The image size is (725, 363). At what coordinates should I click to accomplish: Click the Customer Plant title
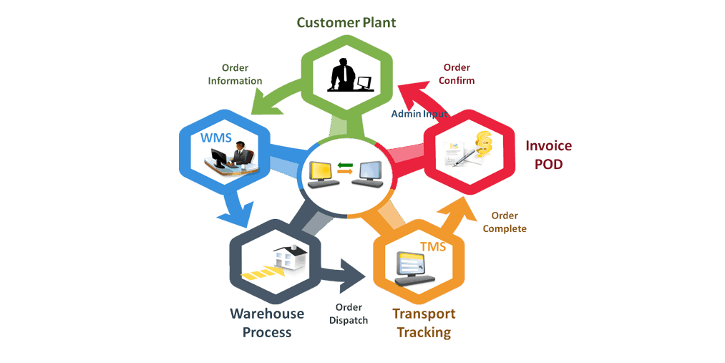(346, 23)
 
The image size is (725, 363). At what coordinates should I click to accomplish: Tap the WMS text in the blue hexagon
(216, 137)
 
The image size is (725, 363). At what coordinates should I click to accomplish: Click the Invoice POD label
(549, 155)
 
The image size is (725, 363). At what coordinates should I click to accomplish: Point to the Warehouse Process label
(267, 323)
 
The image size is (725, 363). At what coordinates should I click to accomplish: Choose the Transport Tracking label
(424, 323)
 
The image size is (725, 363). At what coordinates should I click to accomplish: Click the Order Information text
(235, 74)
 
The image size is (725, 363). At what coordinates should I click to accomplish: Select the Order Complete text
(505, 222)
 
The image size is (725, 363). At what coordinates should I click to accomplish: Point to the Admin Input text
(419, 114)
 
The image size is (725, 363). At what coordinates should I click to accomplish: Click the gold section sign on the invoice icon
(483, 146)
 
